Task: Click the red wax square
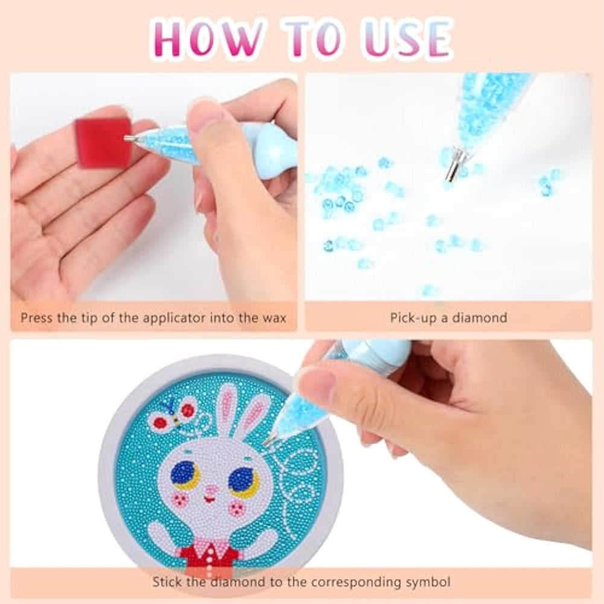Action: pos(103,142)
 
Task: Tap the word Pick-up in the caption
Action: pos(410,317)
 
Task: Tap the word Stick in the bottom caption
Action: pos(166,582)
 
